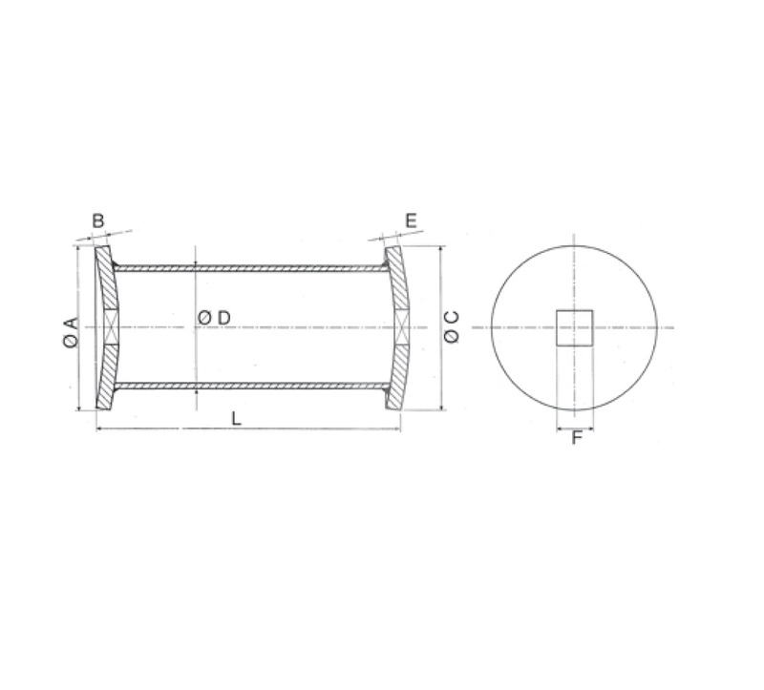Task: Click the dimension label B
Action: pyautogui.click(x=97, y=220)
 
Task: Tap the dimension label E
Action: pyautogui.click(x=411, y=220)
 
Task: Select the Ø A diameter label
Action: pyautogui.click(x=69, y=328)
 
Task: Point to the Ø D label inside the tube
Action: pyautogui.click(x=215, y=317)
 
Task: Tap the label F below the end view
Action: pyautogui.click(x=576, y=440)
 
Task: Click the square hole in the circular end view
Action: pyautogui.click(x=575, y=327)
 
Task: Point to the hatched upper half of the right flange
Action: pyautogui.click(x=398, y=282)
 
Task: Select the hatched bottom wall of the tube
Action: pyautogui.click(x=248, y=386)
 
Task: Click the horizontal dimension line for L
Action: pyautogui.click(x=286, y=430)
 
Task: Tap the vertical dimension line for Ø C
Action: pyautogui.click(x=440, y=286)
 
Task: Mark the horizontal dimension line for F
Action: pyautogui.click(x=576, y=429)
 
